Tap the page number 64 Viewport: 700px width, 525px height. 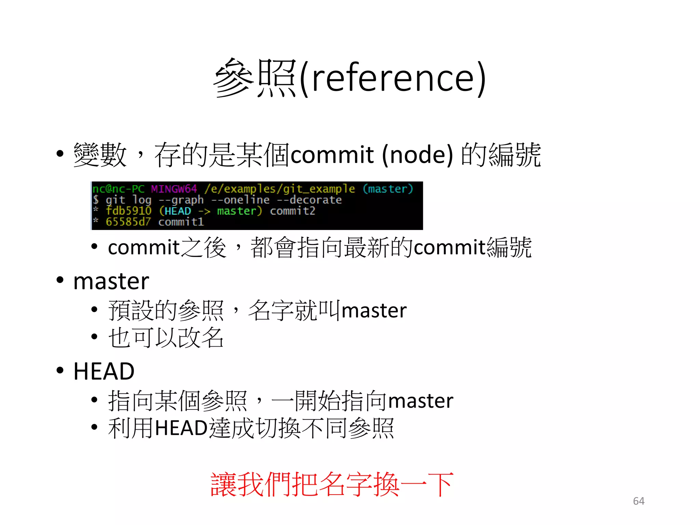tap(638, 501)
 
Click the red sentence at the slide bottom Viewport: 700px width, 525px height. tap(332, 485)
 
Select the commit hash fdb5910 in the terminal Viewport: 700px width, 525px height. tap(128, 211)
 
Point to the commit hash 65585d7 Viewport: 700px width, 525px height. tap(128, 222)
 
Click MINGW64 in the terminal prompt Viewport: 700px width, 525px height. tap(174, 189)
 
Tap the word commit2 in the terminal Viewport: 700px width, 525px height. tap(293, 211)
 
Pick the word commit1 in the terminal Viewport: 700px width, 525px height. tap(181, 222)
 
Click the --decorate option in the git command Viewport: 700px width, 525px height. tap(309, 200)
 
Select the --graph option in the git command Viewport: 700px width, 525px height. tap(181, 200)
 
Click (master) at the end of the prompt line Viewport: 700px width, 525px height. tap(388, 189)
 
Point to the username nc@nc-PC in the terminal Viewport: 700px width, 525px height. tap(118, 189)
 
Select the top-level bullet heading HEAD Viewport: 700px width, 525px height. tap(104, 372)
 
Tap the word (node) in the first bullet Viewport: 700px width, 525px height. tap(417, 155)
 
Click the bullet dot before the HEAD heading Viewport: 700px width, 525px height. tap(60, 370)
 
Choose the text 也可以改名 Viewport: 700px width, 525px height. tap(166, 338)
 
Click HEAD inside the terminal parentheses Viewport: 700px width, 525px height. tap(178, 211)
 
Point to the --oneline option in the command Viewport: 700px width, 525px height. tap(241, 200)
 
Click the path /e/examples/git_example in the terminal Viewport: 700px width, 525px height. tap(280, 189)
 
